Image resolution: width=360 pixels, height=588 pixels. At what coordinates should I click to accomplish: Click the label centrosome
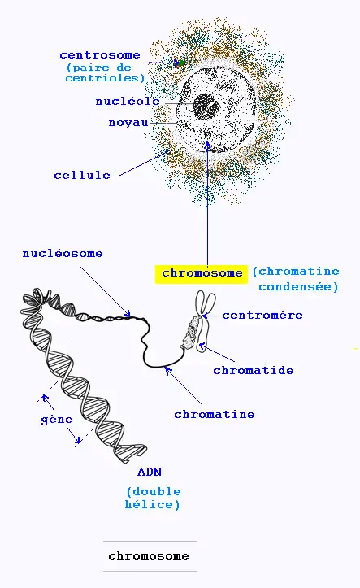(x=100, y=55)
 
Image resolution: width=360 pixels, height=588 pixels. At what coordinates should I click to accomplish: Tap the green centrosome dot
(x=182, y=63)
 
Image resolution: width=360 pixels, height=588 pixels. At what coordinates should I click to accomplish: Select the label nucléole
(x=128, y=101)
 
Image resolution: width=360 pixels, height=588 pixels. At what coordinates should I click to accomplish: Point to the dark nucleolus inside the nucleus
(x=206, y=107)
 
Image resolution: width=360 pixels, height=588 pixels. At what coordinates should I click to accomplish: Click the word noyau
(x=128, y=123)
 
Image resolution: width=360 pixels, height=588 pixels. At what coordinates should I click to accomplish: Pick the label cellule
(x=82, y=175)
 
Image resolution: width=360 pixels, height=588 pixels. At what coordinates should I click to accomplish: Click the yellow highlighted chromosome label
(x=202, y=274)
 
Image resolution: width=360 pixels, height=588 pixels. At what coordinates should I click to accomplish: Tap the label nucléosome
(x=63, y=254)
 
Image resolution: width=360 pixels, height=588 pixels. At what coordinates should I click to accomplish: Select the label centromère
(x=262, y=315)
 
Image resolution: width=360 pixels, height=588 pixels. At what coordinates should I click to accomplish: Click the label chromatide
(x=254, y=371)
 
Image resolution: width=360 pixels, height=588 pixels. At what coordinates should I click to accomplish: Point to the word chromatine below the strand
(x=215, y=415)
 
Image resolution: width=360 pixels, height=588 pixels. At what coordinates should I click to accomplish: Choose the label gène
(x=57, y=420)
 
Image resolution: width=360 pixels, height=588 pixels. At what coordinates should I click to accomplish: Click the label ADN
(x=150, y=472)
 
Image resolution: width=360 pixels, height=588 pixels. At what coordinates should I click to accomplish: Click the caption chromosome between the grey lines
(x=149, y=555)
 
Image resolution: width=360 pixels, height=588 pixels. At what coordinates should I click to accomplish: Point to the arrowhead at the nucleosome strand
(x=128, y=314)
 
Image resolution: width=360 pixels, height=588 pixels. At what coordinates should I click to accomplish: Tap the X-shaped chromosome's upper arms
(x=206, y=303)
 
